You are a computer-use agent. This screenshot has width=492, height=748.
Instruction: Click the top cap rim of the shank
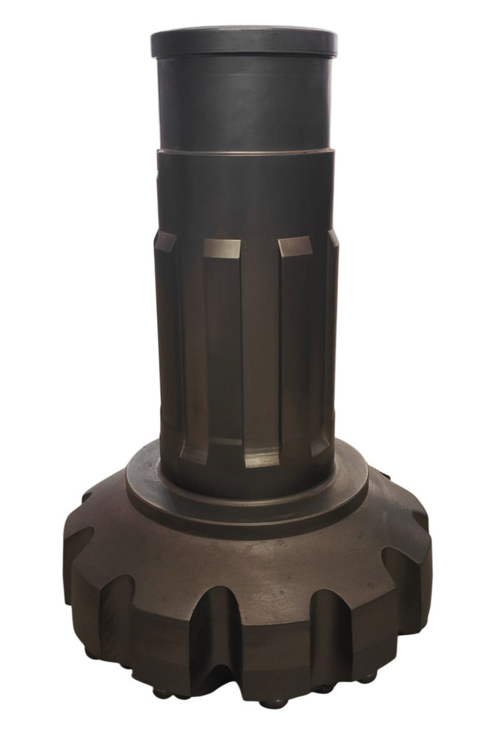[244, 41]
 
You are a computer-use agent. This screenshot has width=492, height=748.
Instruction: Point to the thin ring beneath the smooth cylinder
[244, 152]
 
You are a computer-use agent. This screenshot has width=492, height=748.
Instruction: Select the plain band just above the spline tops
[244, 194]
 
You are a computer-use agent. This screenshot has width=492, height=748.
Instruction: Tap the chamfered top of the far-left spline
[164, 242]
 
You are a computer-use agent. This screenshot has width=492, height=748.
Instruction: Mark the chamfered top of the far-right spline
[333, 239]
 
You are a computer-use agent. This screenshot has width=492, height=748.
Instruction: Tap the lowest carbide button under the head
[274, 703]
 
